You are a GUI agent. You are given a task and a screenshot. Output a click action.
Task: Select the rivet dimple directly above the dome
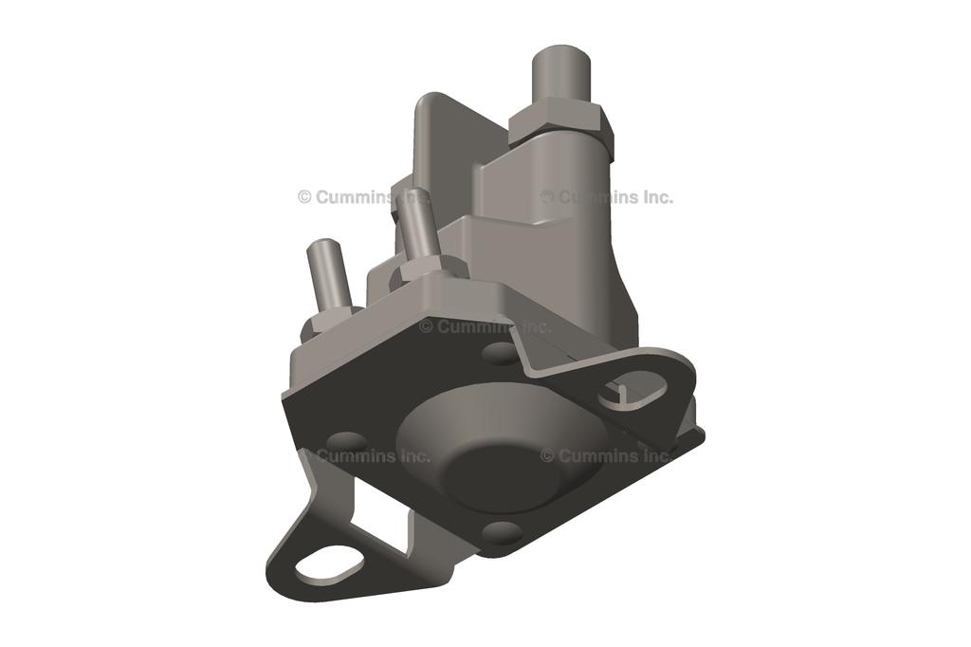coord(500,353)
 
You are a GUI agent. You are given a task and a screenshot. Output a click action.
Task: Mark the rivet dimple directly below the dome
coord(502,531)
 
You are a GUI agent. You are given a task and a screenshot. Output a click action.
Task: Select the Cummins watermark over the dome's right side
coord(607,455)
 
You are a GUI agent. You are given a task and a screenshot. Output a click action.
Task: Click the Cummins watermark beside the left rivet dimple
coord(364,455)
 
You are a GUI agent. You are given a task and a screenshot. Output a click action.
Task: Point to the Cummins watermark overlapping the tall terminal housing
coord(607,197)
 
